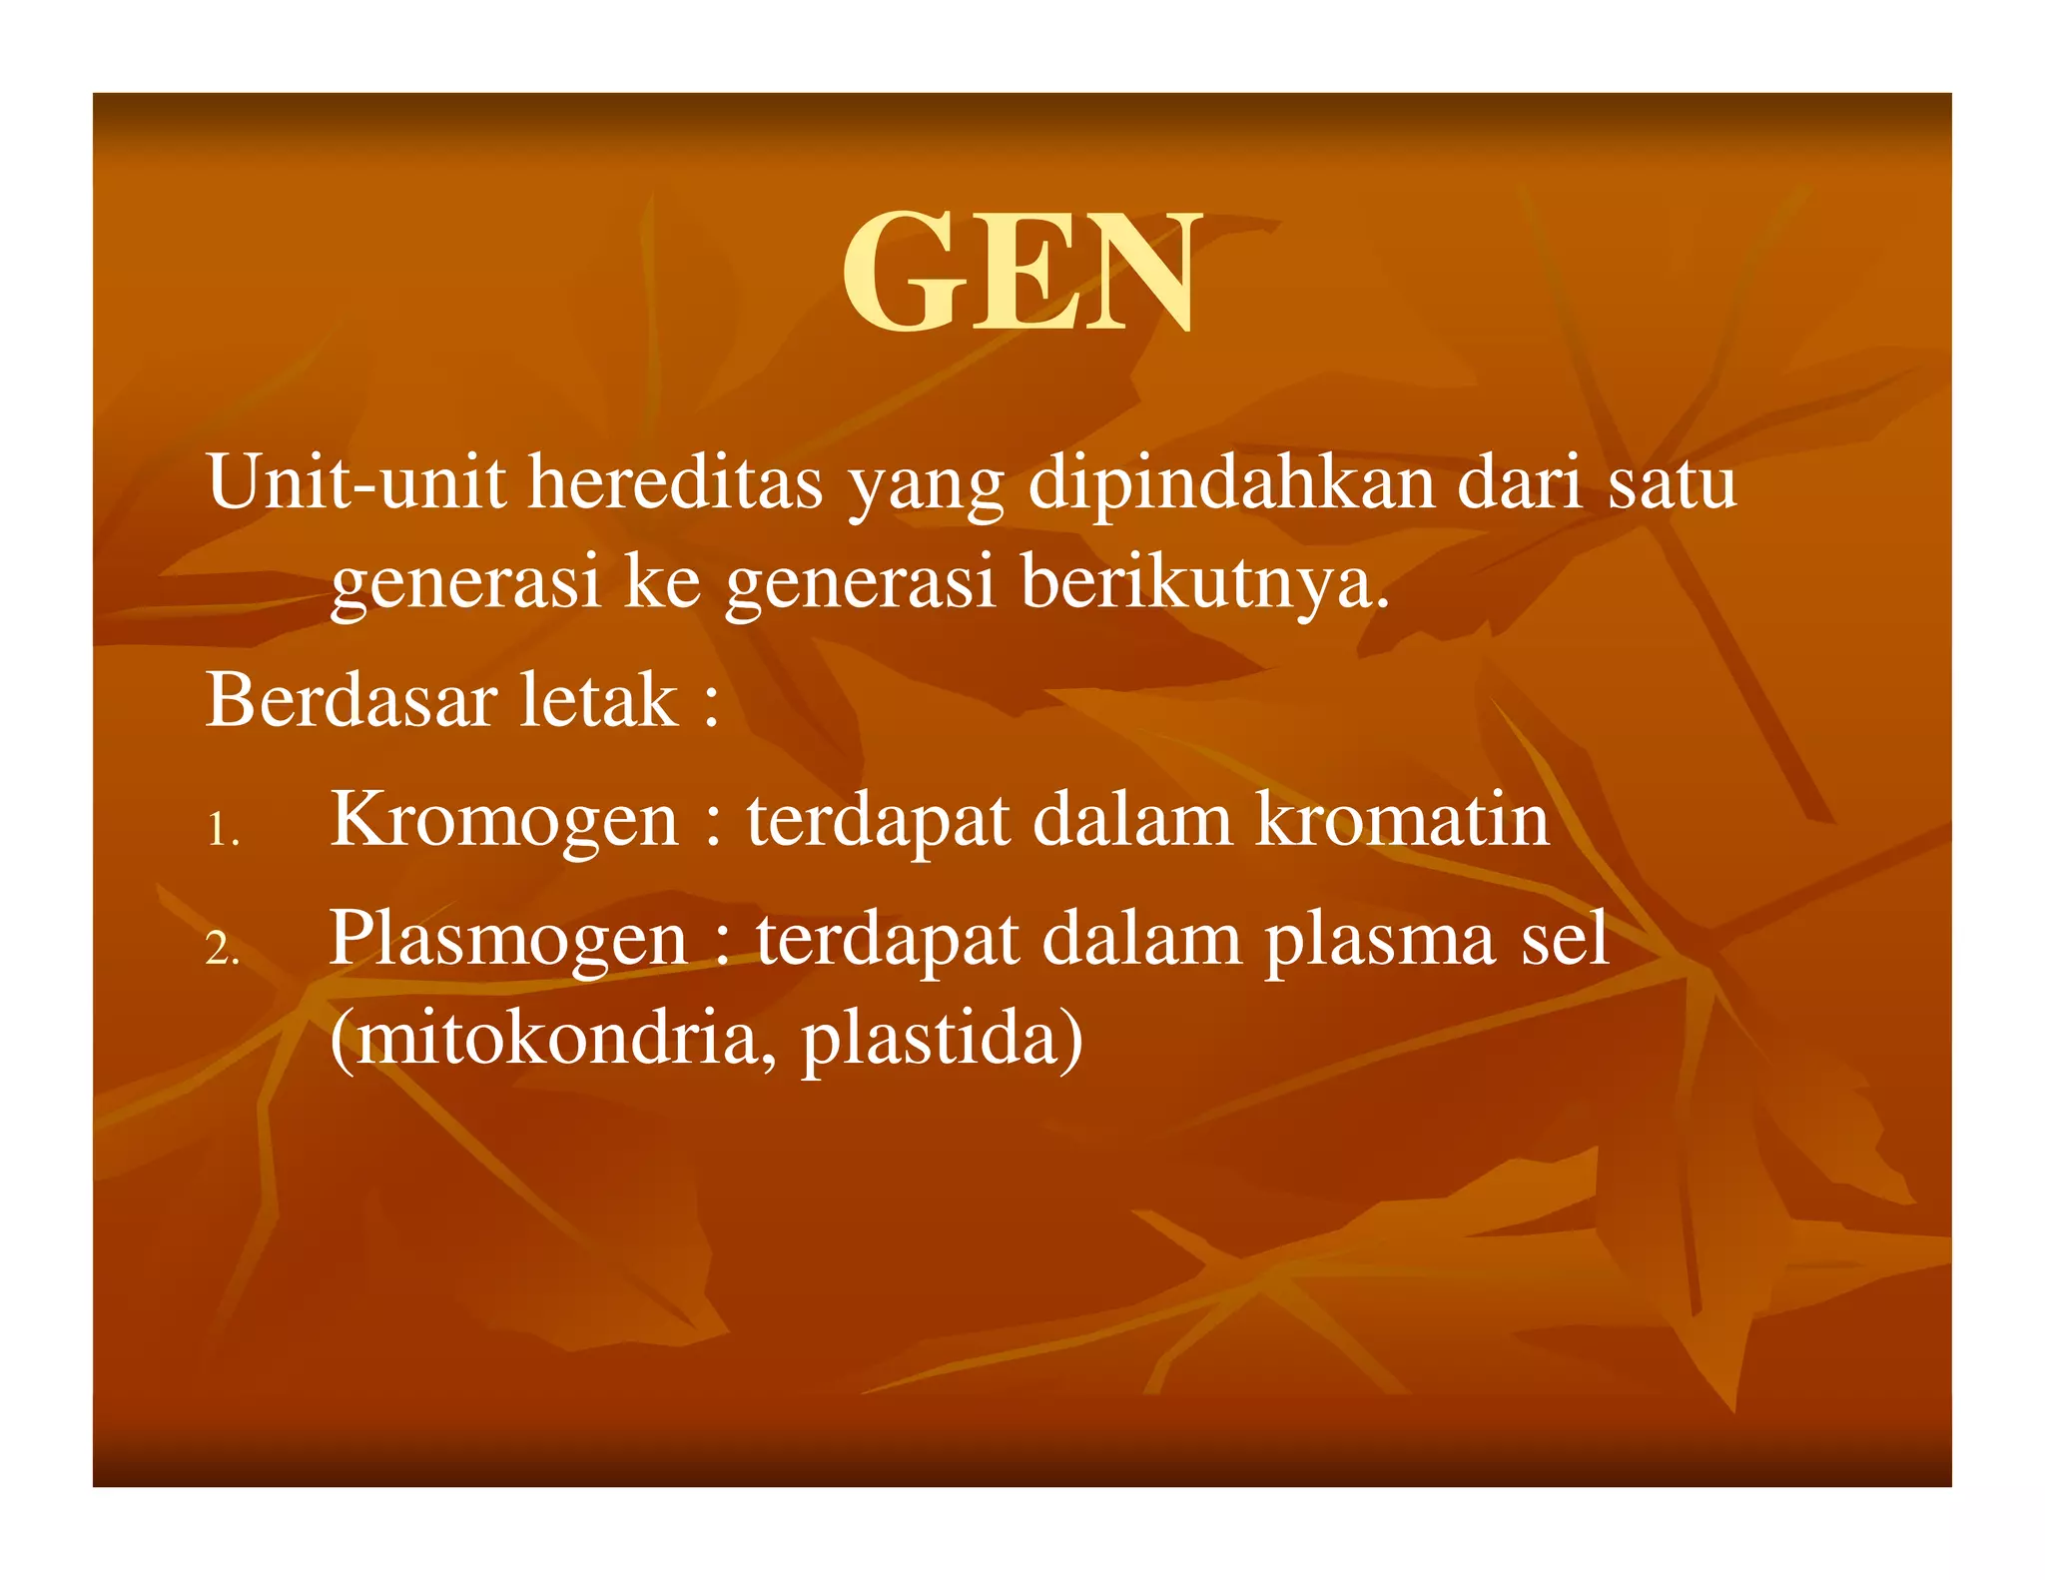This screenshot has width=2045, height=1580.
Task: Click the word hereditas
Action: pyautogui.click(x=675, y=482)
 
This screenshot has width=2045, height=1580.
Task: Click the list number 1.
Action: pyautogui.click(x=222, y=830)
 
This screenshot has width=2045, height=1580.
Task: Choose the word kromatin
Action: pyautogui.click(x=1402, y=819)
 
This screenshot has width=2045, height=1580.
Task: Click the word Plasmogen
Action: pyautogui.click(x=508, y=940)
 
